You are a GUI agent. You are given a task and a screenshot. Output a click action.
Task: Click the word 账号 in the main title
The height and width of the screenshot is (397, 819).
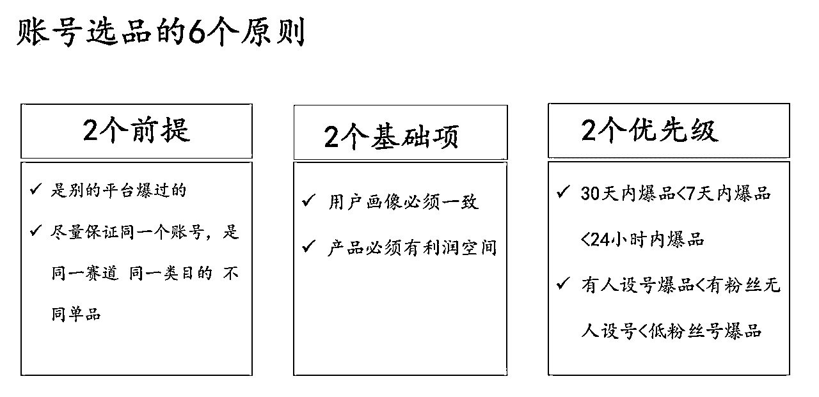pos(49,32)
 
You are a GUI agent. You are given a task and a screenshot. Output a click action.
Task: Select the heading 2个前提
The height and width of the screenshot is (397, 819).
pos(136,130)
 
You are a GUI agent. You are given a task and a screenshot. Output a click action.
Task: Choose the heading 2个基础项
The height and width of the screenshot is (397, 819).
pos(391,137)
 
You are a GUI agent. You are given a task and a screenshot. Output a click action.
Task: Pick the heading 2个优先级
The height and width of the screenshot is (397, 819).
pos(649,130)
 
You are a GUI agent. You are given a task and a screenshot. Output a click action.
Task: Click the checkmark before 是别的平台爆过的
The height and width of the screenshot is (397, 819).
pos(36,189)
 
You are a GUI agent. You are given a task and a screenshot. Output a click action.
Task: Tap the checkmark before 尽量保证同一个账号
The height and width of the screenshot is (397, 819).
pos(36,230)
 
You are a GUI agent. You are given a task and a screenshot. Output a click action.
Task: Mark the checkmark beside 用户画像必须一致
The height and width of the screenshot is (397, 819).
pos(308,201)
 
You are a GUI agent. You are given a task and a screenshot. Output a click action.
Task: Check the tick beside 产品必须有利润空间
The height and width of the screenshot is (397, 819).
pos(308,247)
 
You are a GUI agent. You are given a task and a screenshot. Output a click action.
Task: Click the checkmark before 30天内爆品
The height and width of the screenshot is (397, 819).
pos(563,191)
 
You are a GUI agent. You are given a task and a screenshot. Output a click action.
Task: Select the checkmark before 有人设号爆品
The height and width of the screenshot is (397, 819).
pos(563,283)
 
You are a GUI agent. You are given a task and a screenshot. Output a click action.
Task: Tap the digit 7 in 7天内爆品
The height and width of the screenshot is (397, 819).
pos(690,194)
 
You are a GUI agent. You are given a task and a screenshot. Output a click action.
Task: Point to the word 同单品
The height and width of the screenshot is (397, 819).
pos(76,314)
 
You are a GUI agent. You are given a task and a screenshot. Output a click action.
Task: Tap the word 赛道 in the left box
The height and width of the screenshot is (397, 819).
pos(102,273)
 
